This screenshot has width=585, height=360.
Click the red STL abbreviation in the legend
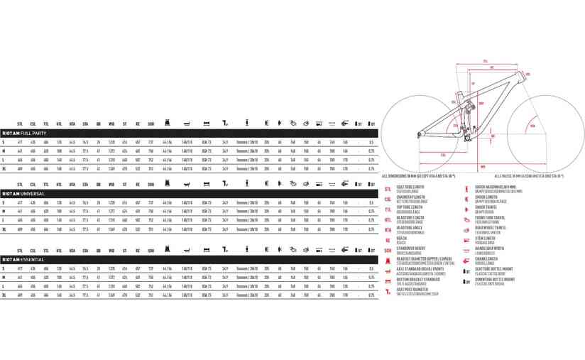tap(388, 190)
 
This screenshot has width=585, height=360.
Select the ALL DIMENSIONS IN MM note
tap(419, 175)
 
